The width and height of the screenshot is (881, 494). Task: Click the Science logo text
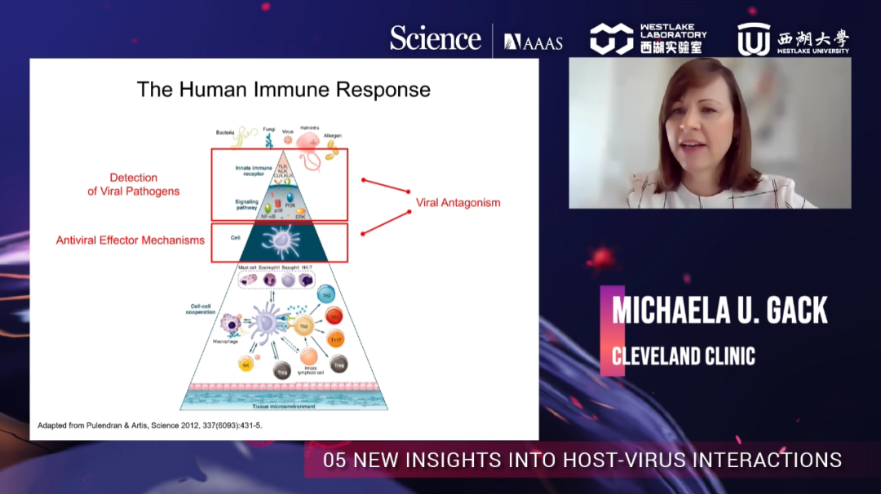(x=435, y=38)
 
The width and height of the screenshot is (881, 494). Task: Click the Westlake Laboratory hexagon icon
(x=611, y=38)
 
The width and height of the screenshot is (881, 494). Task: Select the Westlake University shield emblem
(x=754, y=39)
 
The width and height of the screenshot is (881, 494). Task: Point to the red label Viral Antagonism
(x=458, y=202)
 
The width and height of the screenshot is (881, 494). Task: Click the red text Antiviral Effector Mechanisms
(x=131, y=240)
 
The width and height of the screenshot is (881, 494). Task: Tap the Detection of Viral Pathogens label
(x=134, y=184)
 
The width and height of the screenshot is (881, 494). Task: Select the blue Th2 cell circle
(x=325, y=295)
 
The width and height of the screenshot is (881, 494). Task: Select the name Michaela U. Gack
(x=719, y=310)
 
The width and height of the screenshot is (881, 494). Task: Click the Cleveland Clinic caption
(x=684, y=356)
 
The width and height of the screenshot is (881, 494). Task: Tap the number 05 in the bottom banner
(x=334, y=460)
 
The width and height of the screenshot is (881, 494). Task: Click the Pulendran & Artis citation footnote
(x=150, y=426)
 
